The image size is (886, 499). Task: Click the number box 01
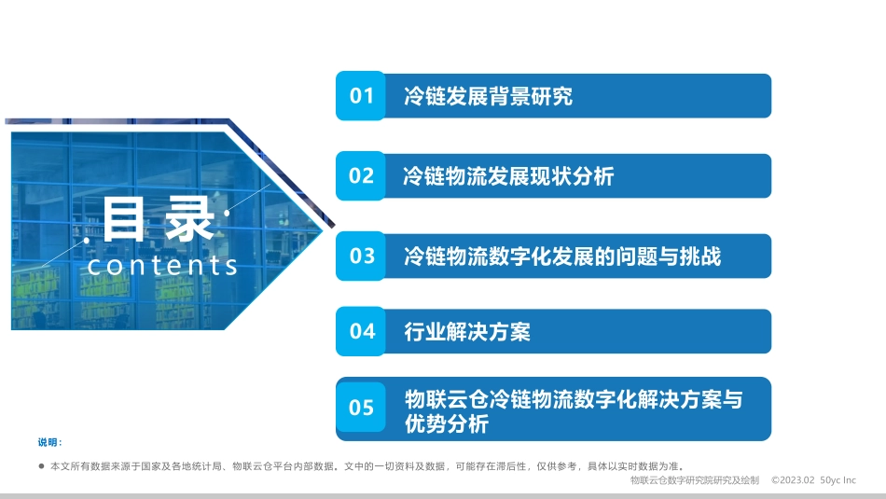pyautogui.click(x=361, y=96)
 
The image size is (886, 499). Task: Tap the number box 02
pyautogui.click(x=361, y=175)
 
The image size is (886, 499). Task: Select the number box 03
pyautogui.click(x=361, y=256)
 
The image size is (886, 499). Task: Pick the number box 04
pyautogui.click(x=361, y=331)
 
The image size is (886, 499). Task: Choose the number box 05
pyautogui.click(x=361, y=408)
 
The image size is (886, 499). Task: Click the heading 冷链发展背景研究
pyautogui.click(x=488, y=96)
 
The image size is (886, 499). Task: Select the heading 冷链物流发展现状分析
pyautogui.click(x=508, y=175)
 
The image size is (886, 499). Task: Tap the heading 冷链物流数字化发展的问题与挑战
pyautogui.click(x=561, y=256)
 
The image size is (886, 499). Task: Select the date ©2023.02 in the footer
pyautogui.click(x=793, y=480)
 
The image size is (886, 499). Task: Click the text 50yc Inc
pyautogui.click(x=838, y=480)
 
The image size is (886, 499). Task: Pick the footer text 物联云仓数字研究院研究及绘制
pyautogui.click(x=695, y=480)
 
